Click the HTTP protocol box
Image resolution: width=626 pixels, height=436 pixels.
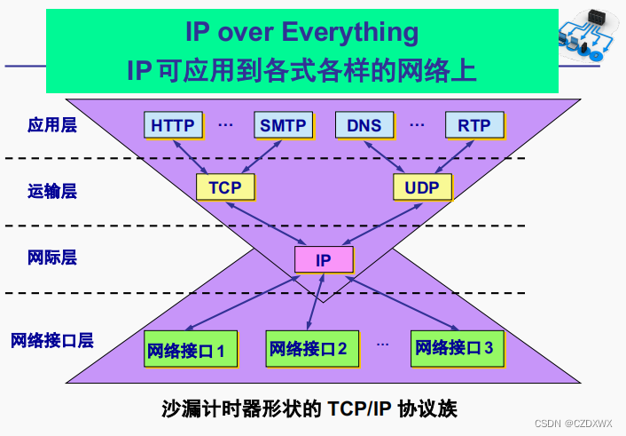pos(172,125)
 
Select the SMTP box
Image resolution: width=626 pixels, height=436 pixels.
pos(283,125)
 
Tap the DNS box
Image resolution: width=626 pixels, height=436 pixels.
pos(364,125)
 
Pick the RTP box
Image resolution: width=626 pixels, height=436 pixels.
pos(474,125)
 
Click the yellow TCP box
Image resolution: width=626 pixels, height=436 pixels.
pos(225,187)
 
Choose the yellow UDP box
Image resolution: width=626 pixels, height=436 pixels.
pos(422,187)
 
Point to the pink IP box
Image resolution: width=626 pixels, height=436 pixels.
pos(324,260)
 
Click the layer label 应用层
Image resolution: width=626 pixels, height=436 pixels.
pos(52,125)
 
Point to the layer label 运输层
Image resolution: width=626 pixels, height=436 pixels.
pos(52,191)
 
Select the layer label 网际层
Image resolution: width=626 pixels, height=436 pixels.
pos(52,258)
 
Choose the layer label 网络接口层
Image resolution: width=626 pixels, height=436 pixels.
pos(52,340)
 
